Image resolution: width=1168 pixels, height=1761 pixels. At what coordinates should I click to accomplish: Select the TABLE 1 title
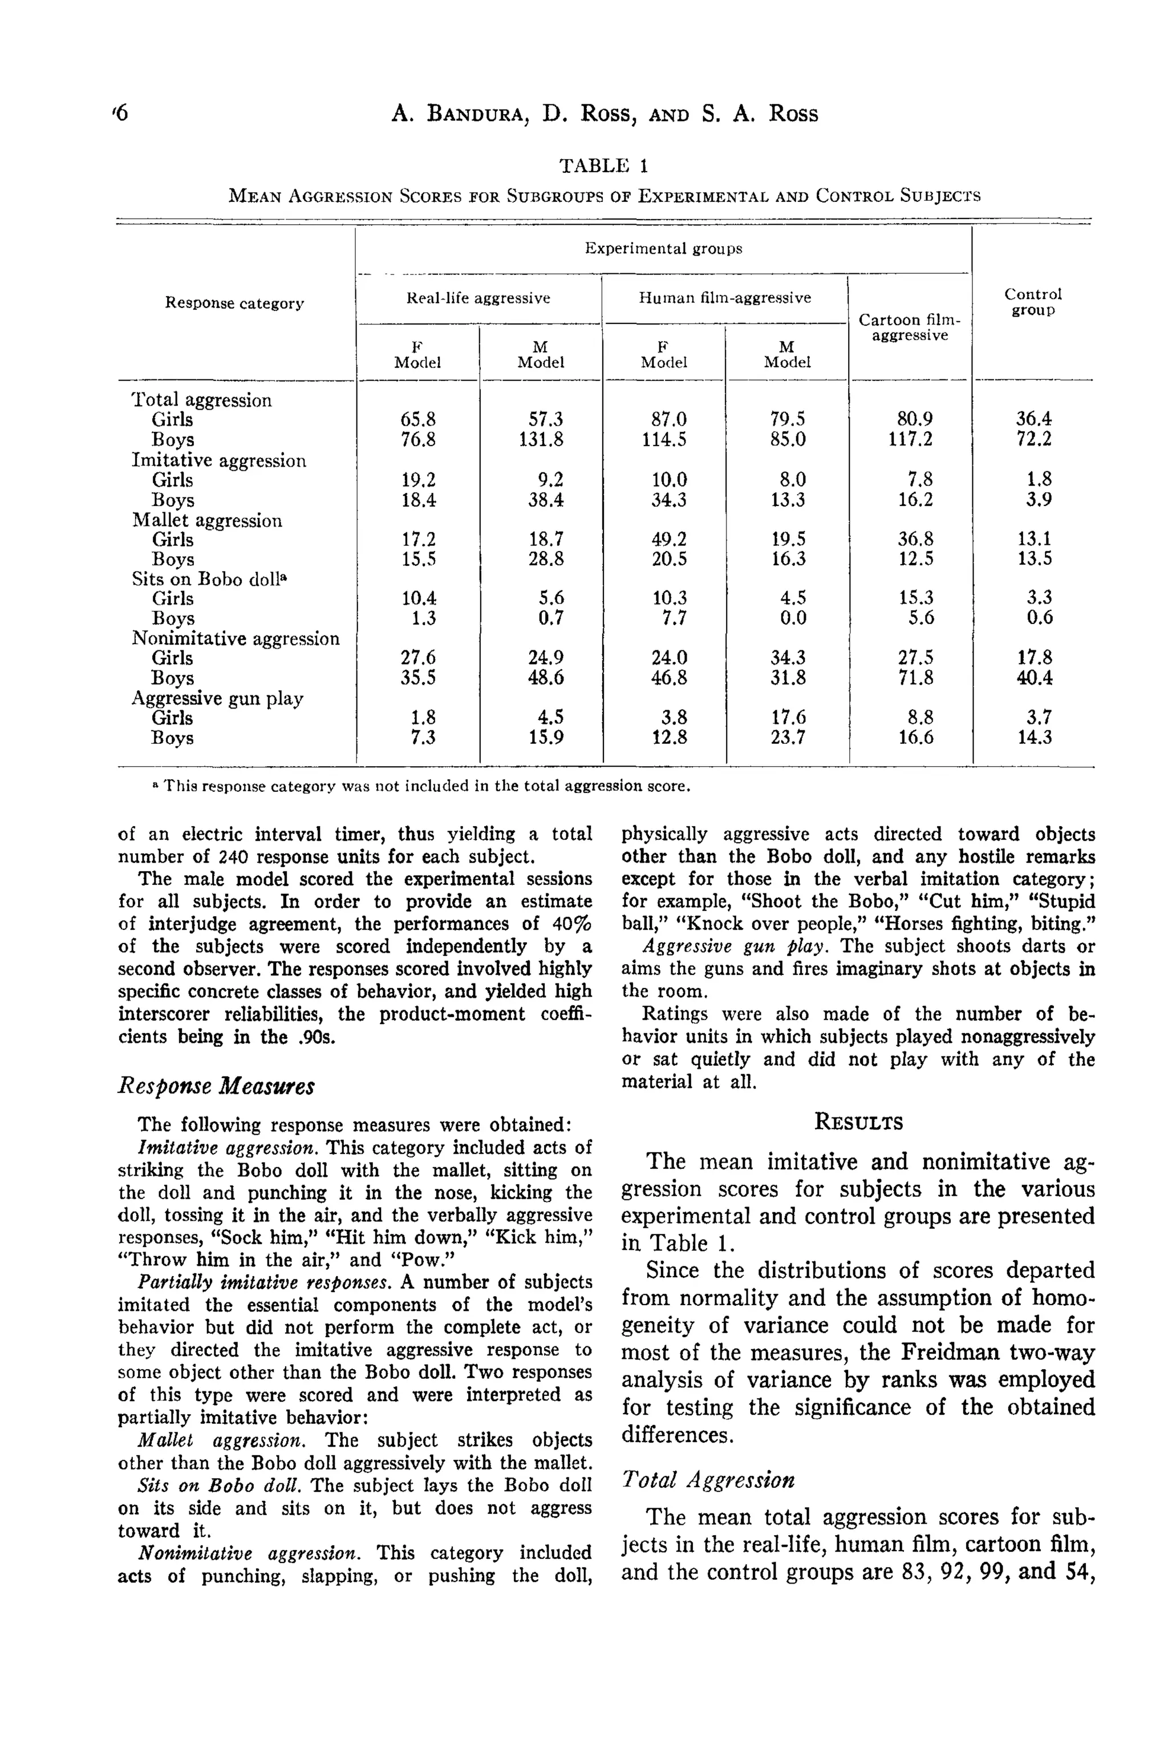[604, 165]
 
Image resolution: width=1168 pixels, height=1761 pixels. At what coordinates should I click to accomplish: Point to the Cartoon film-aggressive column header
[910, 327]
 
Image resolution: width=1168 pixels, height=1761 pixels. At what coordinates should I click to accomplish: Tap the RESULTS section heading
[858, 1122]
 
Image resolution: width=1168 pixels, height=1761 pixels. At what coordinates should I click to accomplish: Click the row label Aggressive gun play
[217, 698]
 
